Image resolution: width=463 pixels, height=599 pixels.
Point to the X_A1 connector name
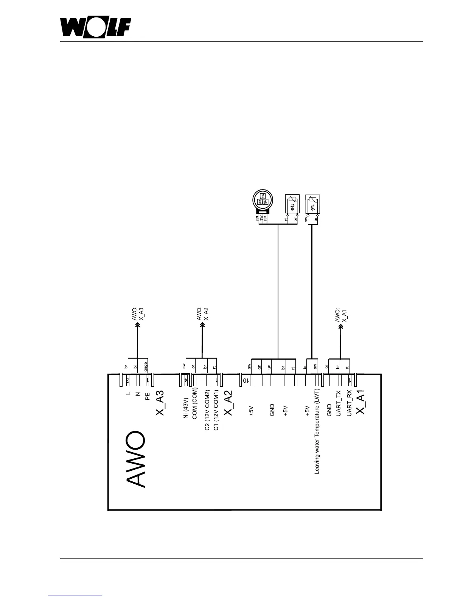click(360, 403)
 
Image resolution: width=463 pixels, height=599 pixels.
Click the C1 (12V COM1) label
click(216, 413)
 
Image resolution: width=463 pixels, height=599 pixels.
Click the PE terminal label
click(148, 396)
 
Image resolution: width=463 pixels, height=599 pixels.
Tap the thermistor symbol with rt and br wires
click(292, 205)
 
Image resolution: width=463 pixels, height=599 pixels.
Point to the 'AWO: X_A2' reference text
click(203, 313)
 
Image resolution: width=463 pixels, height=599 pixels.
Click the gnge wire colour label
click(146, 366)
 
